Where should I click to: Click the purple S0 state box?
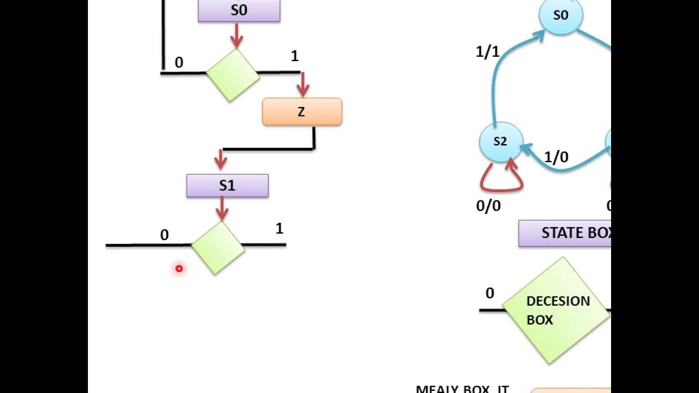[239, 10]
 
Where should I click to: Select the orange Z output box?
[302, 112]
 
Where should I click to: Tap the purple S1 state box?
[227, 186]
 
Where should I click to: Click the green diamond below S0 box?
[233, 75]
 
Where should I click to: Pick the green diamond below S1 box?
[218, 247]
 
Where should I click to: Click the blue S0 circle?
[561, 15]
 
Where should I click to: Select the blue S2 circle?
[501, 142]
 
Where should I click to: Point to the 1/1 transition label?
[488, 52]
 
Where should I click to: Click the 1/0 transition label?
[556, 158]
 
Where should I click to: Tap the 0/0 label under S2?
[488, 206]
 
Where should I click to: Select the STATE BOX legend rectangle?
[565, 234]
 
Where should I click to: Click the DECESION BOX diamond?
[555, 311]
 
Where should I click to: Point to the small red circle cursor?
[179, 269]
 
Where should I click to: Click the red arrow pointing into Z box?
[303, 86]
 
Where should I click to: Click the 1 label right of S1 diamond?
[280, 229]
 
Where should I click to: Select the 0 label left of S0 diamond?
[179, 63]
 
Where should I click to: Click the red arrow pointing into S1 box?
[221, 160]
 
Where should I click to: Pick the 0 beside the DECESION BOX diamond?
[490, 294]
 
